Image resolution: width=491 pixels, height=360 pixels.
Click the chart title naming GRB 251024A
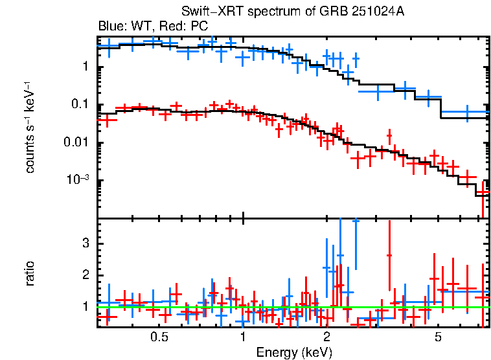(x=293, y=12)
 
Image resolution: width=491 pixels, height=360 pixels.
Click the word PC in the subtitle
(x=198, y=27)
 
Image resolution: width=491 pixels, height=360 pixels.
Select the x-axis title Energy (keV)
(x=294, y=352)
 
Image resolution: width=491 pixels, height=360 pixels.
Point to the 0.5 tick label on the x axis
(x=159, y=337)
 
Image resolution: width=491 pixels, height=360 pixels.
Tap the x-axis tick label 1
(x=243, y=337)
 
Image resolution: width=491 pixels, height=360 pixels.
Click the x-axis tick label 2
(x=326, y=337)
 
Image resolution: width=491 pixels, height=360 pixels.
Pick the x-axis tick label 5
(x=438, y=337)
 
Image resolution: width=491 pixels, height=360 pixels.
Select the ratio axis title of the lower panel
(x=30, y=274)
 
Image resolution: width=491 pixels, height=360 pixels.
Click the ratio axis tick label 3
(x=85, y=243)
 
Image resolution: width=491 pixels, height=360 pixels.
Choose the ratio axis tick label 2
(x=85, y=275)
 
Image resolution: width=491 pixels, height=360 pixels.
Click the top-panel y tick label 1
(x=85, y=67)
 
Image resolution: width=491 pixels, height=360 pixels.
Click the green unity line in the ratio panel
(x=291, y=307)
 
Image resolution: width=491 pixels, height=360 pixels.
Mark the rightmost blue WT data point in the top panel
(x=466, y=113)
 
